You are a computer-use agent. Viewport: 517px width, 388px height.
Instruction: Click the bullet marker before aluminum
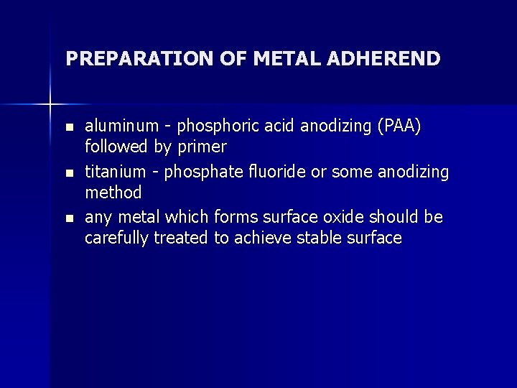point(69,127)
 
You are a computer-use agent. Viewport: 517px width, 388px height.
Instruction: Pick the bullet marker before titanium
point(69,173)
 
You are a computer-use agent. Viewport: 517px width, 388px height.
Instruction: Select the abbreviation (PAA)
point(395,127)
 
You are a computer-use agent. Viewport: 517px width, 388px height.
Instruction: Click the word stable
point(320,239)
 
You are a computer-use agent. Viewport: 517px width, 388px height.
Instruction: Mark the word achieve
point(259,239)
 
